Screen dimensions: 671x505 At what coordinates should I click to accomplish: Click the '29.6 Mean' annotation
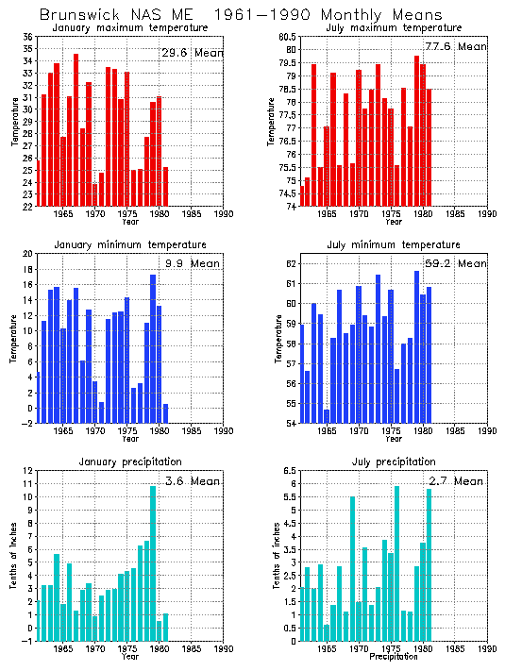tap(192, 53)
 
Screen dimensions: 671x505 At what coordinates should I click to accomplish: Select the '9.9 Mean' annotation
tap(194, 263)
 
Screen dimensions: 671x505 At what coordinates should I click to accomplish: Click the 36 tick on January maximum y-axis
tap(27, 37)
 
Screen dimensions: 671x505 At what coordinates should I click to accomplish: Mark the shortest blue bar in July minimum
tap(327, 415)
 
